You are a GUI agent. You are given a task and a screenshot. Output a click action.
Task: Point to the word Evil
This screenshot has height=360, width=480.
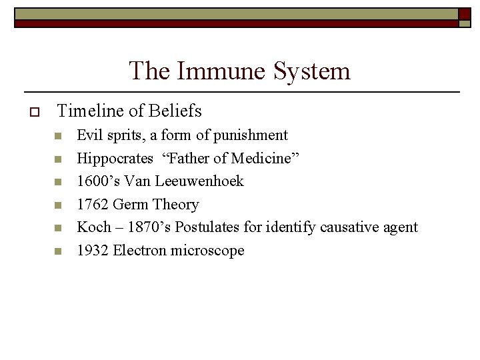[x=89, y=135]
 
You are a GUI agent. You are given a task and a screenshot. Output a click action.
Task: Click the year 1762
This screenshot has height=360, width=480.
[x=93, y=205]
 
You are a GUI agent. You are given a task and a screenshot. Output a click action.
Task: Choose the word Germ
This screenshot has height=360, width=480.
[x=131, y=205]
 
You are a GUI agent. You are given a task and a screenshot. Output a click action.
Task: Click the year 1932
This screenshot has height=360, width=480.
[x=93, y=251]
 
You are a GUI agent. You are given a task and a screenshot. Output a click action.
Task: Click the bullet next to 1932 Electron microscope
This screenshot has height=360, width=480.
[x=58, y=252]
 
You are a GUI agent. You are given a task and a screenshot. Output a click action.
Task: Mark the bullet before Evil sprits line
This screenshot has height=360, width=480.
[x=58, y=137]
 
